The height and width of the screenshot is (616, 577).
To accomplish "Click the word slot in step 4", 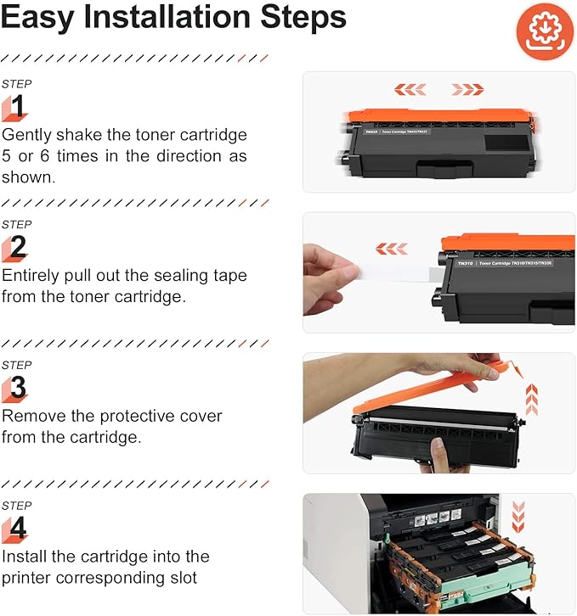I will (184, 578).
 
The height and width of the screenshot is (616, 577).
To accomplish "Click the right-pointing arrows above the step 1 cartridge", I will (467, 88).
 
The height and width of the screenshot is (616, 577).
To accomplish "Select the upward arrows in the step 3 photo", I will (532, 399).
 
